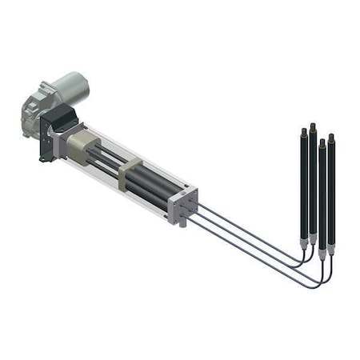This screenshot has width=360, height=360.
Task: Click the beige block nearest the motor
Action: coord(79,147)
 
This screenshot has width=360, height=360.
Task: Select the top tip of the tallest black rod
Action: coord(313,125)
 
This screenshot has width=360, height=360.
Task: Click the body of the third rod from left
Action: coord(322,192)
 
